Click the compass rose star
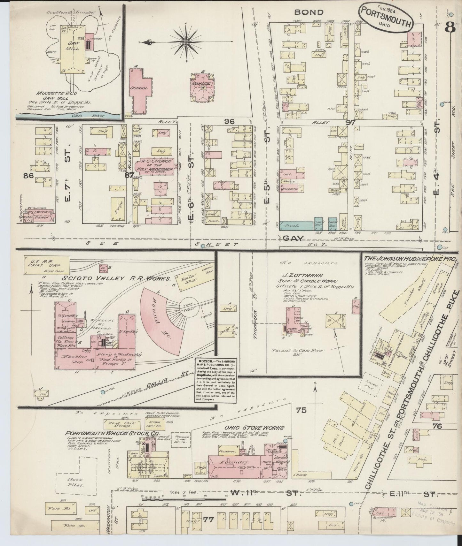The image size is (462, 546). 186,42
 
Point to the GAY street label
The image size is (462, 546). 291,238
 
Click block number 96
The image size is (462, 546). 229,121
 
